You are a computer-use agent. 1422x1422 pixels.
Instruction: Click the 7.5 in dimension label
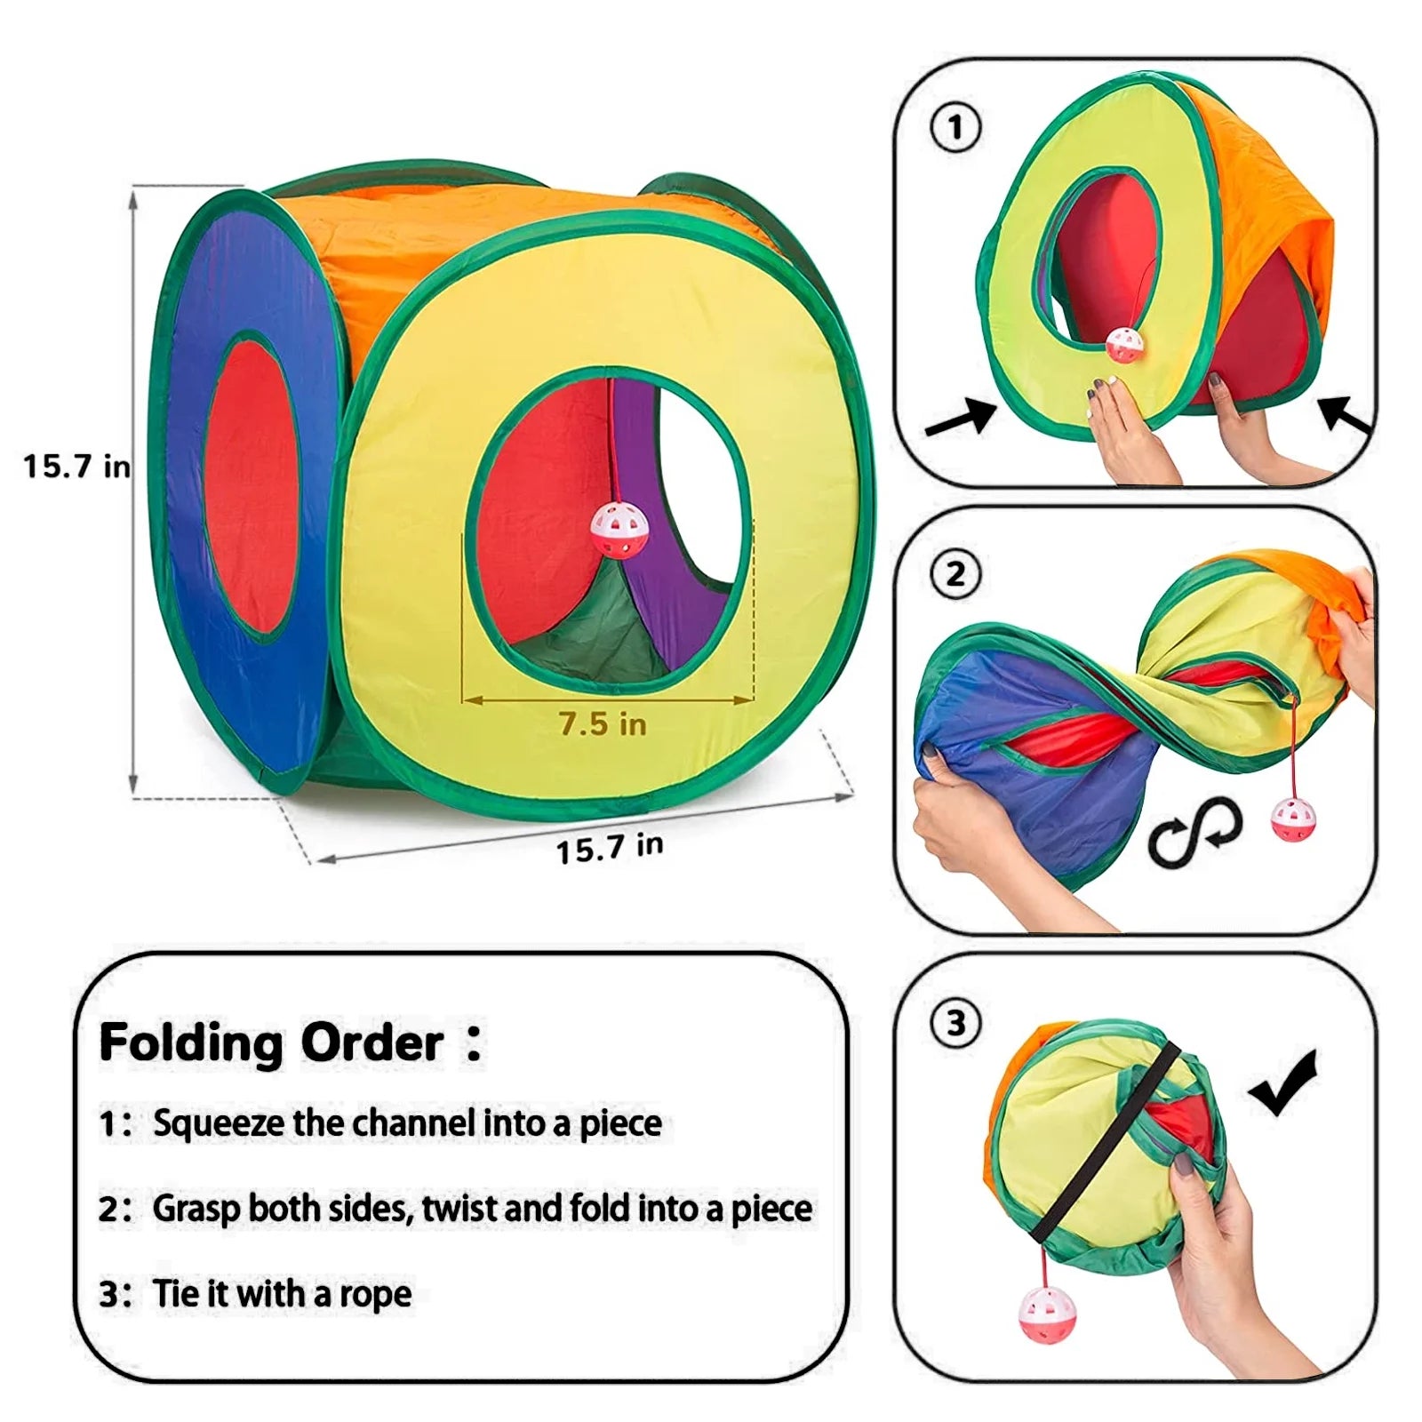603,723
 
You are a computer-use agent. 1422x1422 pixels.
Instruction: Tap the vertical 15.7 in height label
76,466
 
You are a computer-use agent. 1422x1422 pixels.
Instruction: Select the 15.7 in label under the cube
610,847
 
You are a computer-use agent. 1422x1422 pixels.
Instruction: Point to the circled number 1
955,128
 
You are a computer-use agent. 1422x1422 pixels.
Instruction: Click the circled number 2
955,574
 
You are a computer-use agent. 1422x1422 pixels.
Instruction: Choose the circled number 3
955,1023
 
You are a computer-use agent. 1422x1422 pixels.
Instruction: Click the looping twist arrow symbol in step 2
1194,832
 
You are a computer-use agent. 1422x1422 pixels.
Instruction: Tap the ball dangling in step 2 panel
1288,819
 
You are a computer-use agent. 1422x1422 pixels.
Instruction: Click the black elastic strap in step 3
1111,1146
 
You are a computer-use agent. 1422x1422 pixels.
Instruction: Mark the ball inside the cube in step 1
1124,343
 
